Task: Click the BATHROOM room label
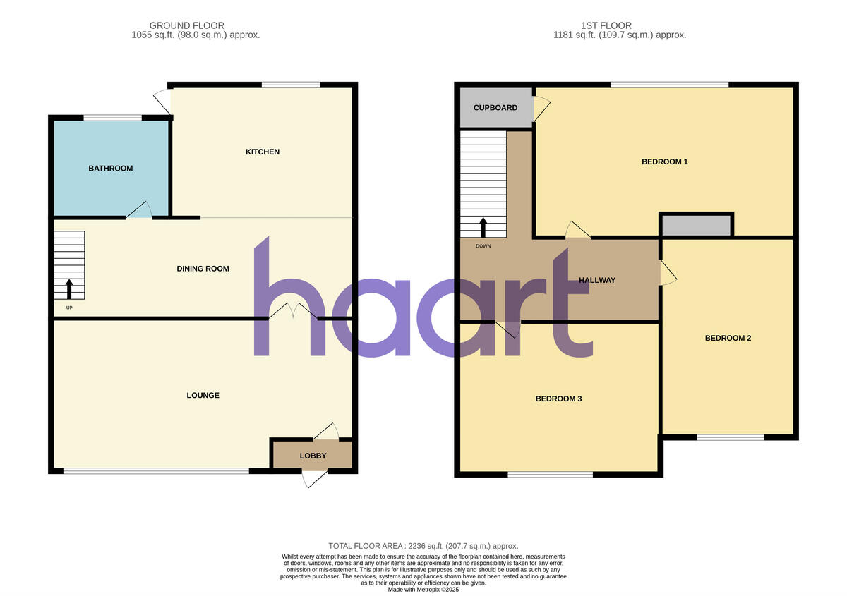click(x=110, y=169)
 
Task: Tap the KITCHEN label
click(x=263, y=152)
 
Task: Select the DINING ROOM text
click(x=203, y=269)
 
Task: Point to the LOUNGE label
click(x=203, y=396)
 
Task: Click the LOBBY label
click(x=313, y=456)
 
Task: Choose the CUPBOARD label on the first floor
click(x=495, y=108)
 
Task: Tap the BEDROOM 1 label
click(x=664, y=162)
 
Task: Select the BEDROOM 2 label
click(x=728, y=338)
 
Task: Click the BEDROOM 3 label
click(x=558, y=399)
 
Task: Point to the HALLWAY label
click(x=597, y=280)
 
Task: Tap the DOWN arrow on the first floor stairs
click(x=483, y=227)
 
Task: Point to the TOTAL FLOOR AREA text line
click(x=423, y=546)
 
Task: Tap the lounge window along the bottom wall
click(x=156, y=471)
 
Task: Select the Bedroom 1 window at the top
click(x=669, y=85)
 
